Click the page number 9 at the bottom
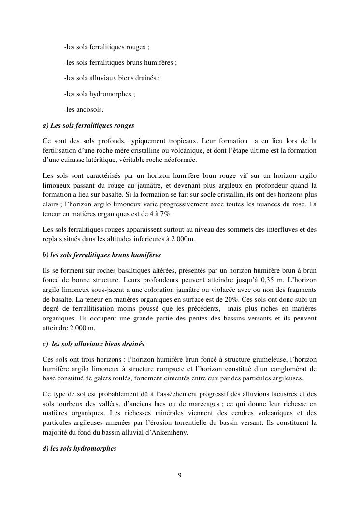180,475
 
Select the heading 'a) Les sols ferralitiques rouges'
88,125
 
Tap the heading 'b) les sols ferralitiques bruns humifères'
102,254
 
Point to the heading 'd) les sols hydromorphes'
80,448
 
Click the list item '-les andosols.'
84,109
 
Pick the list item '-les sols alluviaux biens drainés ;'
112,77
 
